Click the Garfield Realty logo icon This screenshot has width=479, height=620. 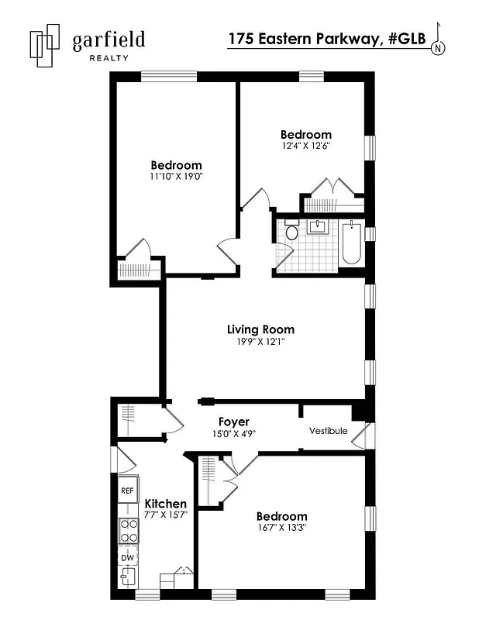click(45, 46)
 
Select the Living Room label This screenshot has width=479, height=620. click(260, 329)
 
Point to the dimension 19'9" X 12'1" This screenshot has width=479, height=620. click(260, 342)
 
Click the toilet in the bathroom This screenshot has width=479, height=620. click(291, 231)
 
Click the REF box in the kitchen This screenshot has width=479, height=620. click(126, 491)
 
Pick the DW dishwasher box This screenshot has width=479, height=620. click(126, 557)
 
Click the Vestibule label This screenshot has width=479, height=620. click(328, 431)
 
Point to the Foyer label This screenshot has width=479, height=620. click(233, 422)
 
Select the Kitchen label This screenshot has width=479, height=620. click(165, 504)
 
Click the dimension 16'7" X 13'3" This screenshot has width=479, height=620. click(281, 529)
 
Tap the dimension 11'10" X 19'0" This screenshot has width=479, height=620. click(176, 177)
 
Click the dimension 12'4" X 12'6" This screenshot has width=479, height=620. click(305, 146)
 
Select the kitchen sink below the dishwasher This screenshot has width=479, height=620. click(126, 577)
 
